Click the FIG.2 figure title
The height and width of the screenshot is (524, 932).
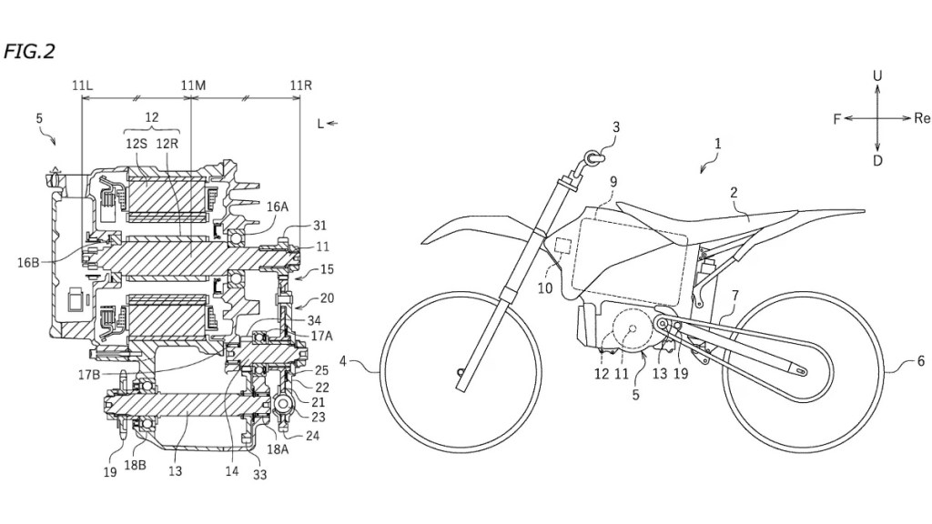[x=30, y=51]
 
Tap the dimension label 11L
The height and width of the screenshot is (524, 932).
[x=82, y=86]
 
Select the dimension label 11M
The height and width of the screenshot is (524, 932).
[x=193, y=86]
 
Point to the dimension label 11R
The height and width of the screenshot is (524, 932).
[x=301, y=86]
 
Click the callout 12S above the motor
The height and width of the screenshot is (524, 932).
[x=137, y=143]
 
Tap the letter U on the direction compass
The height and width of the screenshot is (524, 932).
[x=877, y=76]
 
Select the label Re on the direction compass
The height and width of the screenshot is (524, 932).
[x=922, y=119]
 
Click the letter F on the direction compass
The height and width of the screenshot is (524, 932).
[x=836, y=119]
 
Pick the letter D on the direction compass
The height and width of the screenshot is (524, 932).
[x=877, y=161]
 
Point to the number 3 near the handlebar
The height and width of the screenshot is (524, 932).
[x=616, y=127]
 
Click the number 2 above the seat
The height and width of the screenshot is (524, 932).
[x=733, y=192]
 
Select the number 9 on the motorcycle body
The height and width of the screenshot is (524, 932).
[x=613, y=182]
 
